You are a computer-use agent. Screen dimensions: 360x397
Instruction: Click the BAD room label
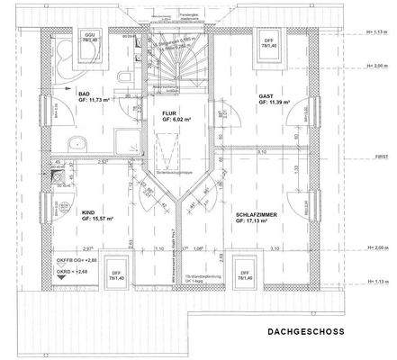[84, 94]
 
